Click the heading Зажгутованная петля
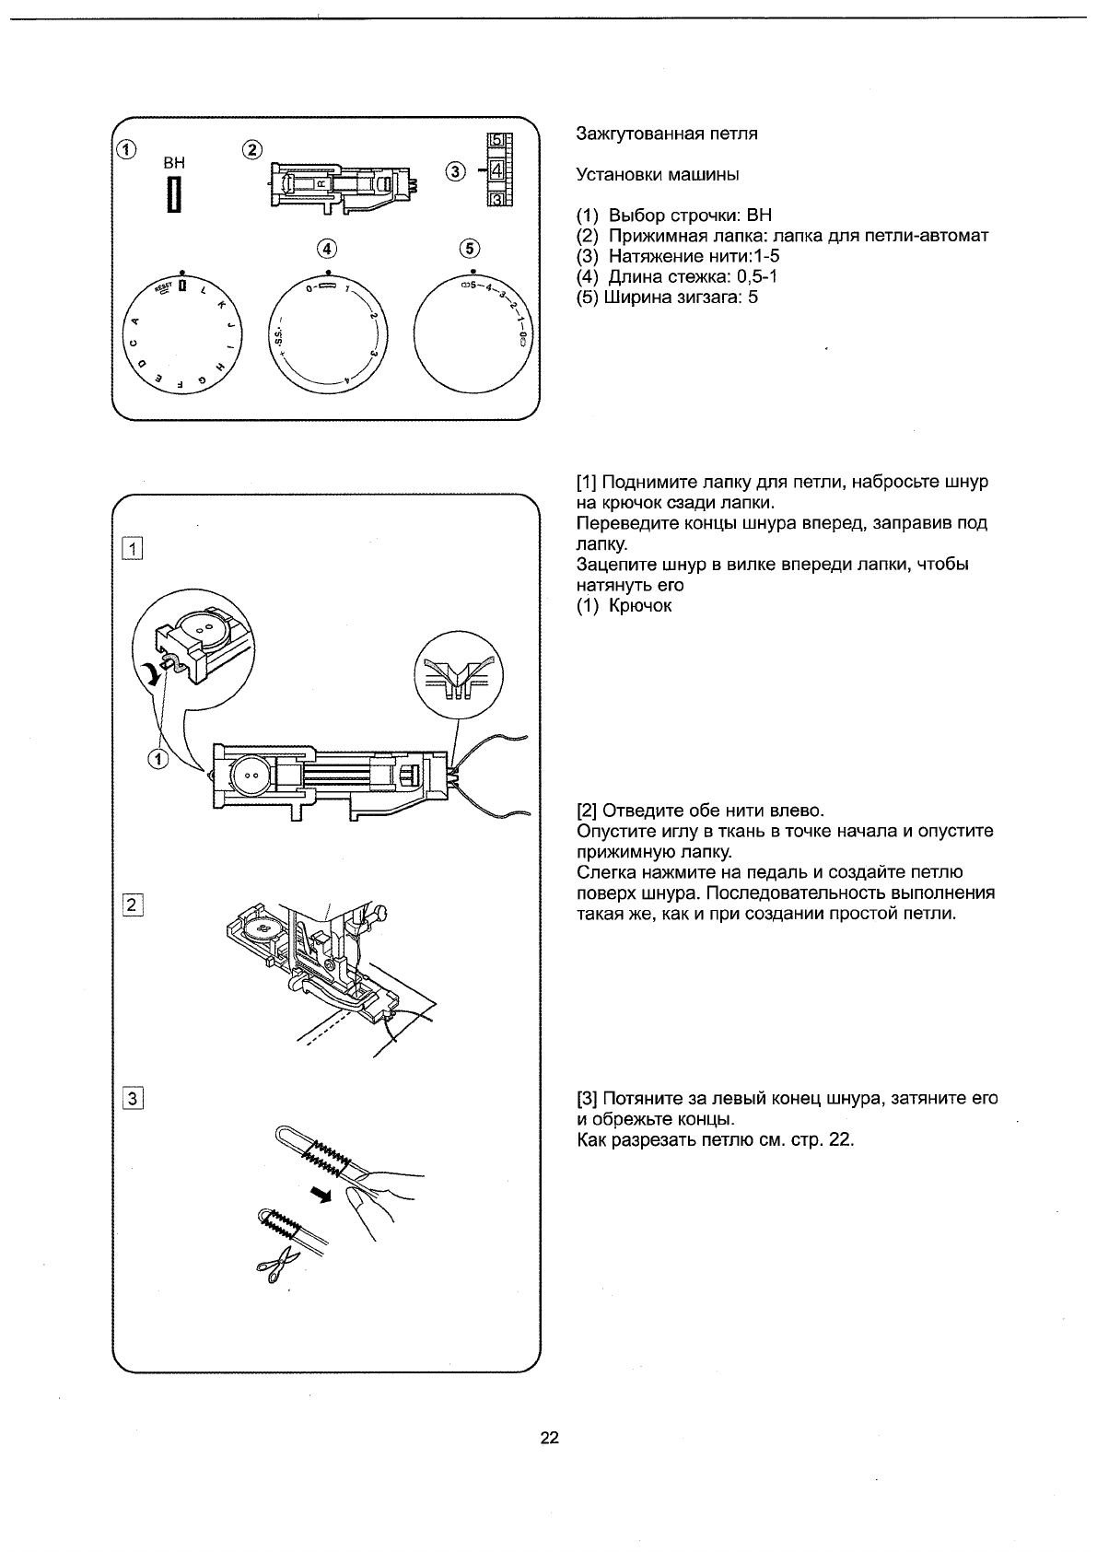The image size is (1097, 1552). (x=666, y=134)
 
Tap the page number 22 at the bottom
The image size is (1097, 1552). (x=549, y=1439)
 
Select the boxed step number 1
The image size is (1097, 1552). (x=133, y=551)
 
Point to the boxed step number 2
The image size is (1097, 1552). (x=133, y=904)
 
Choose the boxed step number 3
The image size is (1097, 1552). (x=133, y=1098)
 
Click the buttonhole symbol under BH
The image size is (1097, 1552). (x=172, y=195)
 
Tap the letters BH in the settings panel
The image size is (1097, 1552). (x=173, y=162)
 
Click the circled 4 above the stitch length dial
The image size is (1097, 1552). (x=327, y=249)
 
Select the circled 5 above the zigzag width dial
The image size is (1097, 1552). (x=471, y=249)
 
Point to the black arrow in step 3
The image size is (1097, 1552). (x=320, y=1196)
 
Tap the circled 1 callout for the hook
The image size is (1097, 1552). (x=158, y=759)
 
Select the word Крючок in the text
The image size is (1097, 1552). (x=640, y=606)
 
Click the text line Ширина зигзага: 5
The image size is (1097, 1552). (x=667, y=297)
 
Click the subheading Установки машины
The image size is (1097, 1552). (x=658, y=174)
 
